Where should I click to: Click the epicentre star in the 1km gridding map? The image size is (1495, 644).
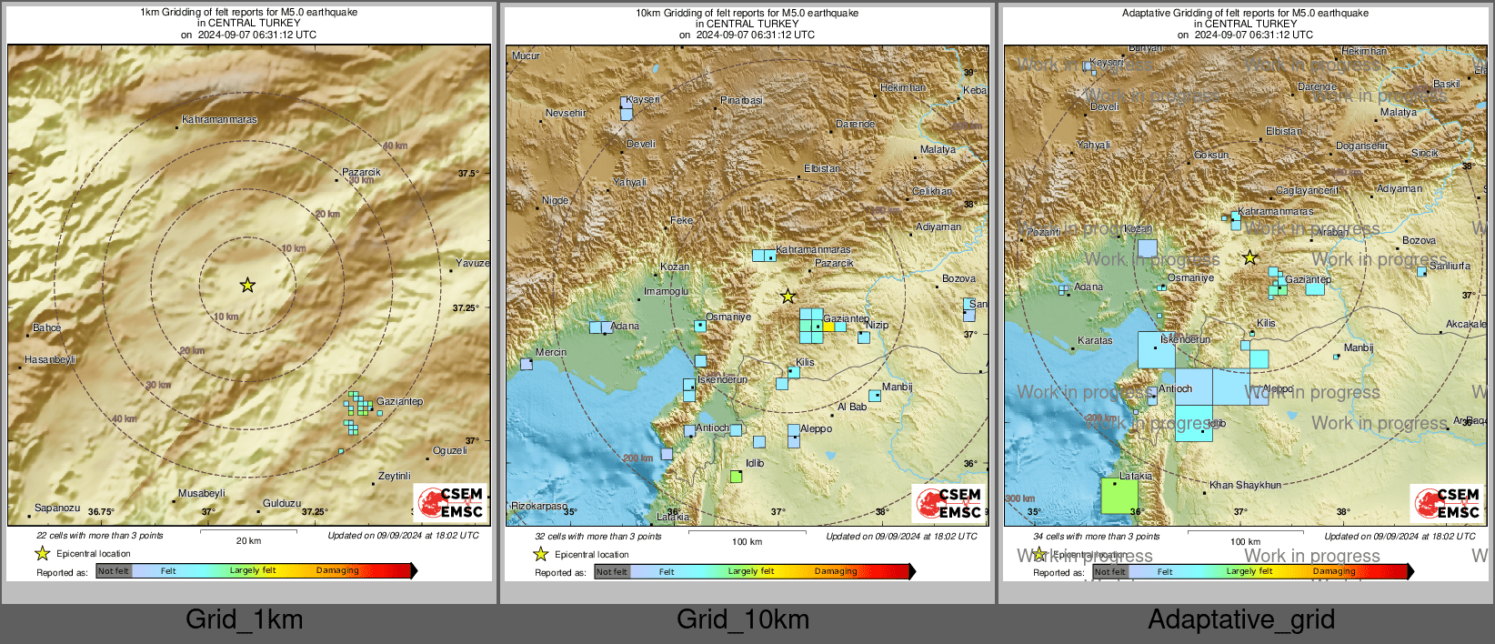[x=247, y=286]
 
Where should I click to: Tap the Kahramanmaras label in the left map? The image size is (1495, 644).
[x=219, y=119]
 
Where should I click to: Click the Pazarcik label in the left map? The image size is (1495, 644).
[x=361, y=172]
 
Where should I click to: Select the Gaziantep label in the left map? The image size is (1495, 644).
[x=399, y=401]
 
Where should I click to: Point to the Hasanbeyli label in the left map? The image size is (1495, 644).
[x=50, y=359]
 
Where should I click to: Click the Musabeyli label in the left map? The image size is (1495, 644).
[x=202, y=493]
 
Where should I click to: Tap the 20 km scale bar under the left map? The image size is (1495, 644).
[x=248, y=532]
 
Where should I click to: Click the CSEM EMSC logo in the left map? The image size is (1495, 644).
[x=451, y=503]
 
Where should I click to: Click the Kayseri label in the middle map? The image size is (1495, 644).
[x=643, y=99]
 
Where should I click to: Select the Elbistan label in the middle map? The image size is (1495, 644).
[x=822, y=168]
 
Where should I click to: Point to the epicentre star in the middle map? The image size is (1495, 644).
[x=788, y=297]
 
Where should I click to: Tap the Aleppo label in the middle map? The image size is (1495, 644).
[x=816, y=428]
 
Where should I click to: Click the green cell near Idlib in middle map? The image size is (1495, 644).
[x=737, y=476]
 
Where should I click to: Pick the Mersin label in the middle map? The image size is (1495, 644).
[x=551, y=352]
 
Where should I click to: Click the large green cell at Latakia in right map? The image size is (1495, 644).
[x=1119, y=497]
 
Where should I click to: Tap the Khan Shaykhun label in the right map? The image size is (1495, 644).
[x=1245, y=485]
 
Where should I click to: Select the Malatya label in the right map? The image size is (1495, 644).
[x=1398, y=112]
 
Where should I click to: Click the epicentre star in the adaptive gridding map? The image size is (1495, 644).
[x=1250, y=258]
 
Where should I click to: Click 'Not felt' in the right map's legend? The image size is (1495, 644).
[x=1109, y=571]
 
